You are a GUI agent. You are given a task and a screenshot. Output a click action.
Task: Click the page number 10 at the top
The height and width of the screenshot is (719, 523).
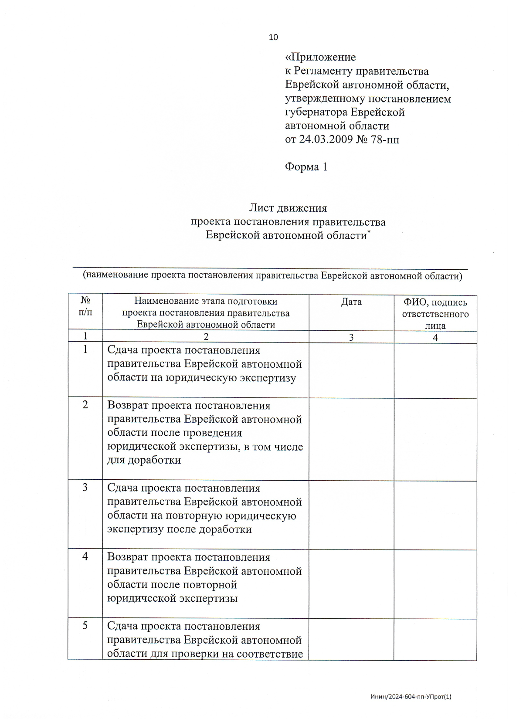tap(273, 37)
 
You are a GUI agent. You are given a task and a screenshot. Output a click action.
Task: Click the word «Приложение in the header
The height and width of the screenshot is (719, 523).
tap(320, 57)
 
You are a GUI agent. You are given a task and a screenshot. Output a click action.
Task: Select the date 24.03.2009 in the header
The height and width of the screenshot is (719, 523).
tap(326, 139)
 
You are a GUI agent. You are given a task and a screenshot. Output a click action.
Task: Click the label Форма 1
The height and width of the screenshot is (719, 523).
tap(306, 167)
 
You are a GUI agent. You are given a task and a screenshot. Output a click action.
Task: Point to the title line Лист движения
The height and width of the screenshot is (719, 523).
tap(288, 208)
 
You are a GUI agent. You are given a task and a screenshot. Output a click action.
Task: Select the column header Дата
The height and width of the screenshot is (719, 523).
tap(351, 302)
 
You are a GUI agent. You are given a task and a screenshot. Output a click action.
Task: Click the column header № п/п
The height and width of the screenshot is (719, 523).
tap(85, 306)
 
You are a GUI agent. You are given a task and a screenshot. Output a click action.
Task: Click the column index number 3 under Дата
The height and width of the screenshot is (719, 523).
tap(351, 337)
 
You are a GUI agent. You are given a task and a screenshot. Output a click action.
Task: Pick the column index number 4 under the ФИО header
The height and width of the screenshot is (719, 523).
tap(435, 337)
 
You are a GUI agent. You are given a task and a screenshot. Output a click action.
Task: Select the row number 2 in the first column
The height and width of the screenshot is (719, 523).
tap(85, 405)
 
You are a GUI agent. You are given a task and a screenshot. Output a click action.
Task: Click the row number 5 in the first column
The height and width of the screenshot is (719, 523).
tap(85, 626)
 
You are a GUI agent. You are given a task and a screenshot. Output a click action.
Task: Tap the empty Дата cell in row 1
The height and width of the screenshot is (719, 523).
tap(351, 370)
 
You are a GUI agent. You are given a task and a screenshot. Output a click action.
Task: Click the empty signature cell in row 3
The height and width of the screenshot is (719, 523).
tap(435, 515)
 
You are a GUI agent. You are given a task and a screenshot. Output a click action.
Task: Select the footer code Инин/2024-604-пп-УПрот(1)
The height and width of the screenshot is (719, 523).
tap(411, 697)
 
